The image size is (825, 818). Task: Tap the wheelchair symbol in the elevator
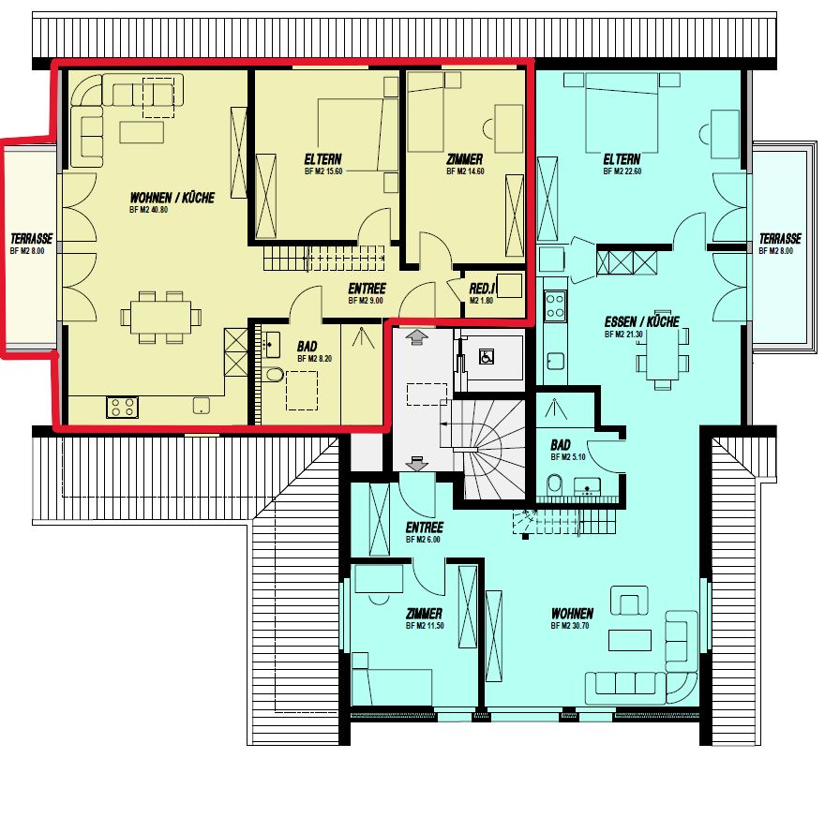[486, 356]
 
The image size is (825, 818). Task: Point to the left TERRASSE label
[31, 239]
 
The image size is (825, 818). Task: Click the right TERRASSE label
[780, 239]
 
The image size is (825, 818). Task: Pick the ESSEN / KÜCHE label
[641, 322]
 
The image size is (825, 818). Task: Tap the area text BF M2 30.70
[572, 625]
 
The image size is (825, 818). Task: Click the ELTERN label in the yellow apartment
[322, 159]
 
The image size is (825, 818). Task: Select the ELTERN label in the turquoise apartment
[622, 159]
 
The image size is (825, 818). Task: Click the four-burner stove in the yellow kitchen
[122, 408]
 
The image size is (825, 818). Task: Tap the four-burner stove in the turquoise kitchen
[555, 304]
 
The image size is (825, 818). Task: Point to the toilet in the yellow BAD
[274, 376]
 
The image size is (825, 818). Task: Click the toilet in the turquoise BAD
[553, 483]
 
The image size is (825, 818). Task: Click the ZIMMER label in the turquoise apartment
[424, 614]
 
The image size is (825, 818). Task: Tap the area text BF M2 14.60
[464, 172]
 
